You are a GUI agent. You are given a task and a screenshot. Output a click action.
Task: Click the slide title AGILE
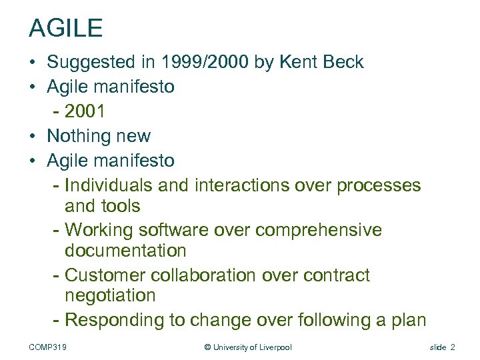pyautogui.click(x=65, y=28)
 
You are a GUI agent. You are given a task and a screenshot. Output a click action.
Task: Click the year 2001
pyautogui.click(x=84, y=111)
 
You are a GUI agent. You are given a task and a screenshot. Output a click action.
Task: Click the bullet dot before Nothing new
pyautogui.click(x=33, y=136)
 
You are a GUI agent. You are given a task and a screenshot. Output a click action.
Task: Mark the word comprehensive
pyautogui.click(x=319, y=230)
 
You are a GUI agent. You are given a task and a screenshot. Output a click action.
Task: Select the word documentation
pyautogui.click(x=125, y=251)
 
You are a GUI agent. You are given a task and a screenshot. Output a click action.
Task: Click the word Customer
pyautogui.click(x=107, y=275)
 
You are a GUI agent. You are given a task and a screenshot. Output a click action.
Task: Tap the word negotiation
pyautogui.click(x=110, y=296)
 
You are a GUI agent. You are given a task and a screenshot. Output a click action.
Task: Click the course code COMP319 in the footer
pyautogui.click(x=51, y=347)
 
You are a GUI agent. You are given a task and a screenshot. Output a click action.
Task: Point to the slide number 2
pyautogui.click(x=453, y=347)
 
